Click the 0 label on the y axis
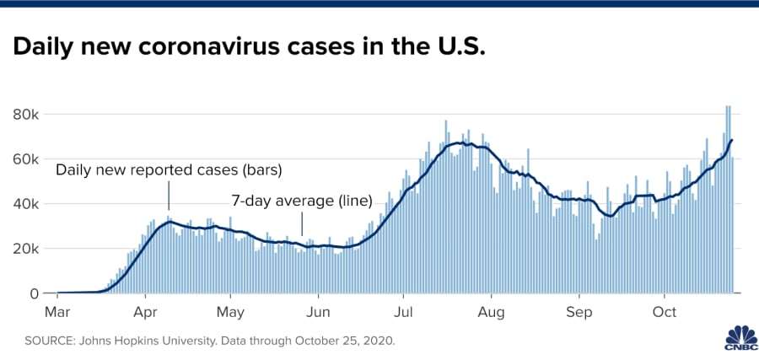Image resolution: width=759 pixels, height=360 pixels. (34, 293)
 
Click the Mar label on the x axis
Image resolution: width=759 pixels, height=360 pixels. (57, 311)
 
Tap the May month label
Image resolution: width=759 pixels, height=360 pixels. (231, 311)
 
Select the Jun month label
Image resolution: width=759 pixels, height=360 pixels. (318, 311)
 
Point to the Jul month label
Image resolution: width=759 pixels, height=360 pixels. (403, 311)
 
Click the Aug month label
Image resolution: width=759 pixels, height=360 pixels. (491, 311)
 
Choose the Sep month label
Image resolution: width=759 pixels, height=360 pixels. (579, 311)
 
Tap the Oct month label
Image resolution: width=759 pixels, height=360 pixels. (665, 311)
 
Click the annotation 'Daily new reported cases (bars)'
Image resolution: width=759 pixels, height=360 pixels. (169, 170)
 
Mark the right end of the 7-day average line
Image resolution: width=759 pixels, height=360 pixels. (732, 140)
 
